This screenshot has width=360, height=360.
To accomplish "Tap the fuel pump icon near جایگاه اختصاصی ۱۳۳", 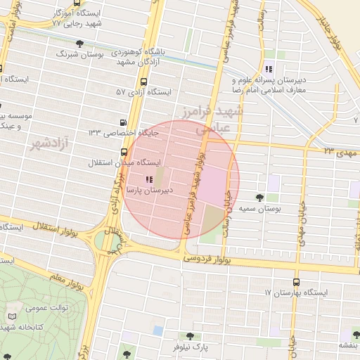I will point(124,122).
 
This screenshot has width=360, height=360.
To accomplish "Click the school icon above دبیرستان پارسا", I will point(148,180).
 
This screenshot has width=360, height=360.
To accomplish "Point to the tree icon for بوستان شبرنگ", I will point(79,44).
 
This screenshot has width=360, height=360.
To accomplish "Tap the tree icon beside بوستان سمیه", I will point(259,198).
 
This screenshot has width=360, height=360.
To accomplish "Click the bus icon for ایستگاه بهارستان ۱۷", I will point(296,281).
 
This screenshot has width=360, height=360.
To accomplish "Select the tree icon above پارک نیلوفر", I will point(189,336).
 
